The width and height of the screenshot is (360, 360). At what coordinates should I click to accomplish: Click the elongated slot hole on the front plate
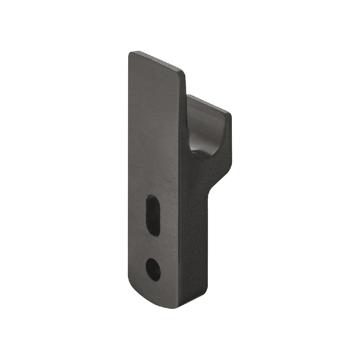tap(153, 215)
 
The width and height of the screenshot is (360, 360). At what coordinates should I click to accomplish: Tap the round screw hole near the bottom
tap(153, 269)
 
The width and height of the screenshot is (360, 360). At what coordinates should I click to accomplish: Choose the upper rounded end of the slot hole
tap(152, 199)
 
